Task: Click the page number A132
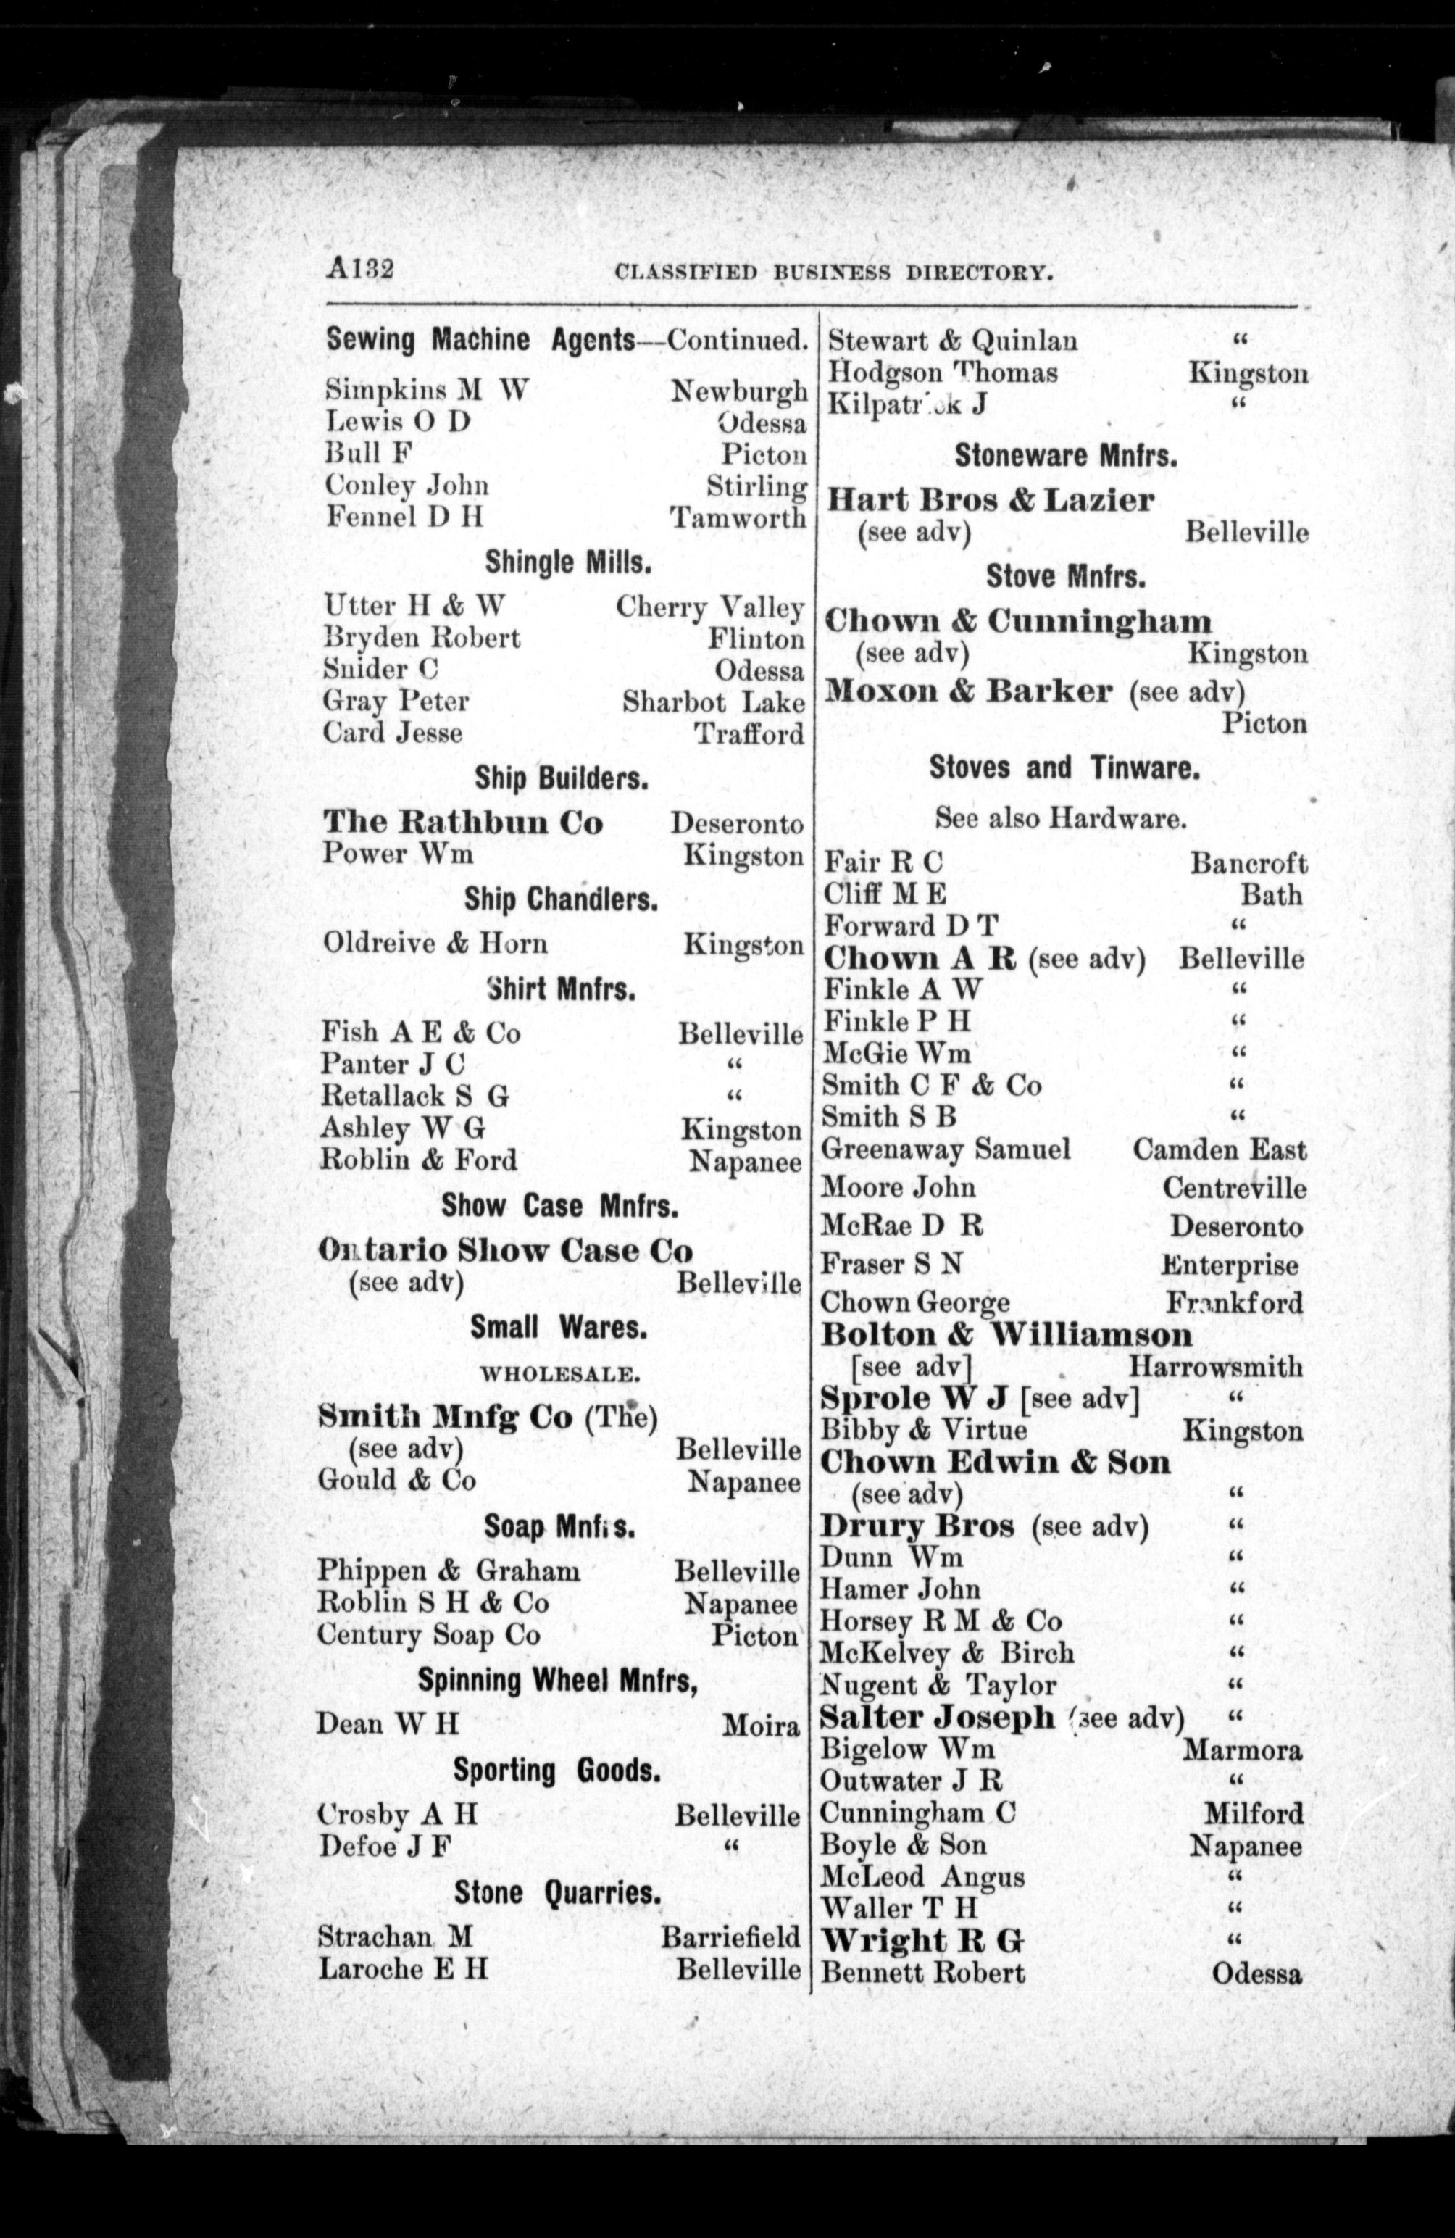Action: [x=360, y=269]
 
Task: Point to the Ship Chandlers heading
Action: [x=561, y=900]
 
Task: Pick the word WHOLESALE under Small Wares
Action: [x=560, y=1374]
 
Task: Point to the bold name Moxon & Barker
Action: [x=968, y=691]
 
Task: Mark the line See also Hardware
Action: [x=1060, y=818]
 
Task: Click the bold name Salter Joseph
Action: [x=937, y=1718]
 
